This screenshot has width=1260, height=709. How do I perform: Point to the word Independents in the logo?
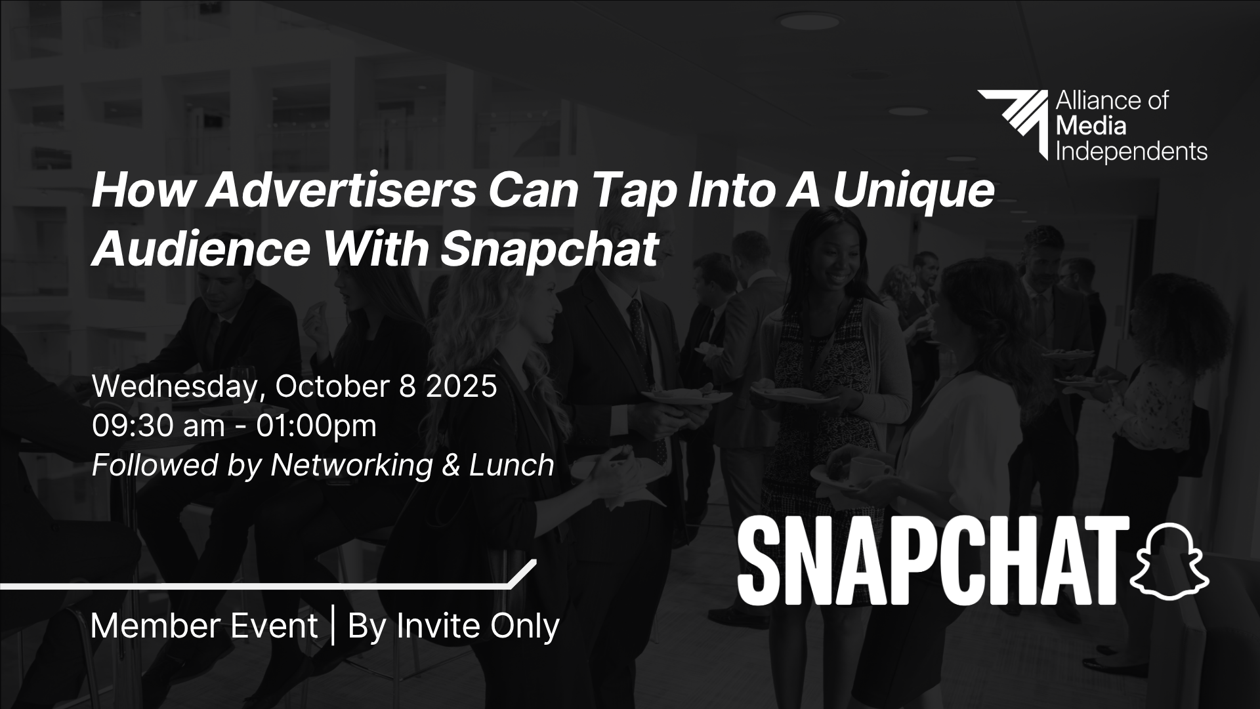[1131, 152]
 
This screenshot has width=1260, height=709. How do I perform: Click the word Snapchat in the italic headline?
[550, 250]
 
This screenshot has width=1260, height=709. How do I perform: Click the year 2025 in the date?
[462, 386]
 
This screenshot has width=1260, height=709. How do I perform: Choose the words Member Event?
[204, 626]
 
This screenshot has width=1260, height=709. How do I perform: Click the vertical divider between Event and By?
[333, 626]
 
